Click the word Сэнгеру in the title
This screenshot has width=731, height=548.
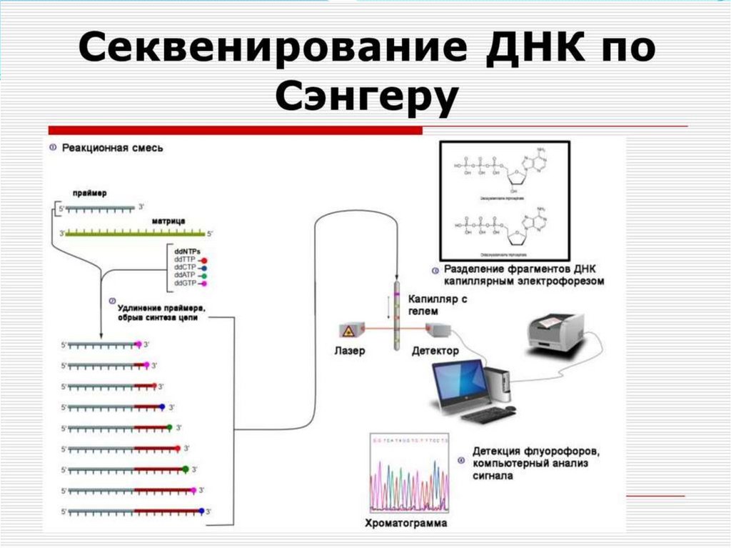click(x=365, y=98)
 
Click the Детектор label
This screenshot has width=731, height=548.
click(x=435, y=352)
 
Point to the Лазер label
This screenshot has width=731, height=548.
click(x=349, y=352)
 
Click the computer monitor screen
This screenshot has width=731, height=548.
click(x=460, y=382)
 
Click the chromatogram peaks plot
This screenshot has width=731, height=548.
click(x=409, y=475)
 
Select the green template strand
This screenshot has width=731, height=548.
click(x=136, y=233)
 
